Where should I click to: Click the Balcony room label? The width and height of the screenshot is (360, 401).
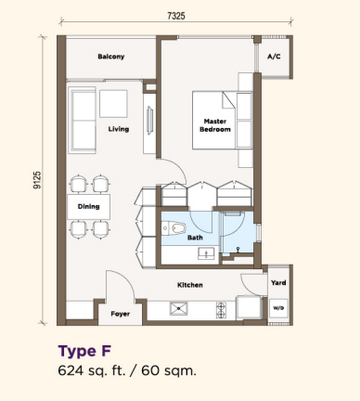pos(111,57)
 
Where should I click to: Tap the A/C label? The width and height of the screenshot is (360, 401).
pos(274,57)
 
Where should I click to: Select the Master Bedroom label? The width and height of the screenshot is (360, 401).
pos(215,125)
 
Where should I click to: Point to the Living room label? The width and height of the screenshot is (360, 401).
pos(119,129)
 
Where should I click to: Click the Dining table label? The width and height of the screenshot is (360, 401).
pos(89,206)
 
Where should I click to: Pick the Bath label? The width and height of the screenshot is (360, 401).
pos(195,238)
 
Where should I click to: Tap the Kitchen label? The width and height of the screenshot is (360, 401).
pos(190,285)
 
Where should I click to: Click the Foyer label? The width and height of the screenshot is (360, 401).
pos(121,314)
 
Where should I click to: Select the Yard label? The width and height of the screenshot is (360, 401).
pos(278,282)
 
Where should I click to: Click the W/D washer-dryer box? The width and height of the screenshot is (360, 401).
pos(278,308)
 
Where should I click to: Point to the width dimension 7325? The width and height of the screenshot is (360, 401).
pos(176,16)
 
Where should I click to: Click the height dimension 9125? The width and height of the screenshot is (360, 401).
pos(37,180)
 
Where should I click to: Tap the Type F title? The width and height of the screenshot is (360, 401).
pos(84,351)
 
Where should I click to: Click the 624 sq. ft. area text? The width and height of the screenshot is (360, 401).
pos(92,370)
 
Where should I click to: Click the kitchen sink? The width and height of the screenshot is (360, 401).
pos(179,308)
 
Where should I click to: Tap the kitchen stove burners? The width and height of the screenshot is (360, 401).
pos(221,310)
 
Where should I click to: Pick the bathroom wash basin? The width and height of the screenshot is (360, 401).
pos(206,253)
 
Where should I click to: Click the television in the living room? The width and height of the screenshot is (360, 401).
pos(150,120)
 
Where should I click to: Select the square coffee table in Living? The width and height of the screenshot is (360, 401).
pos(113,104)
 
